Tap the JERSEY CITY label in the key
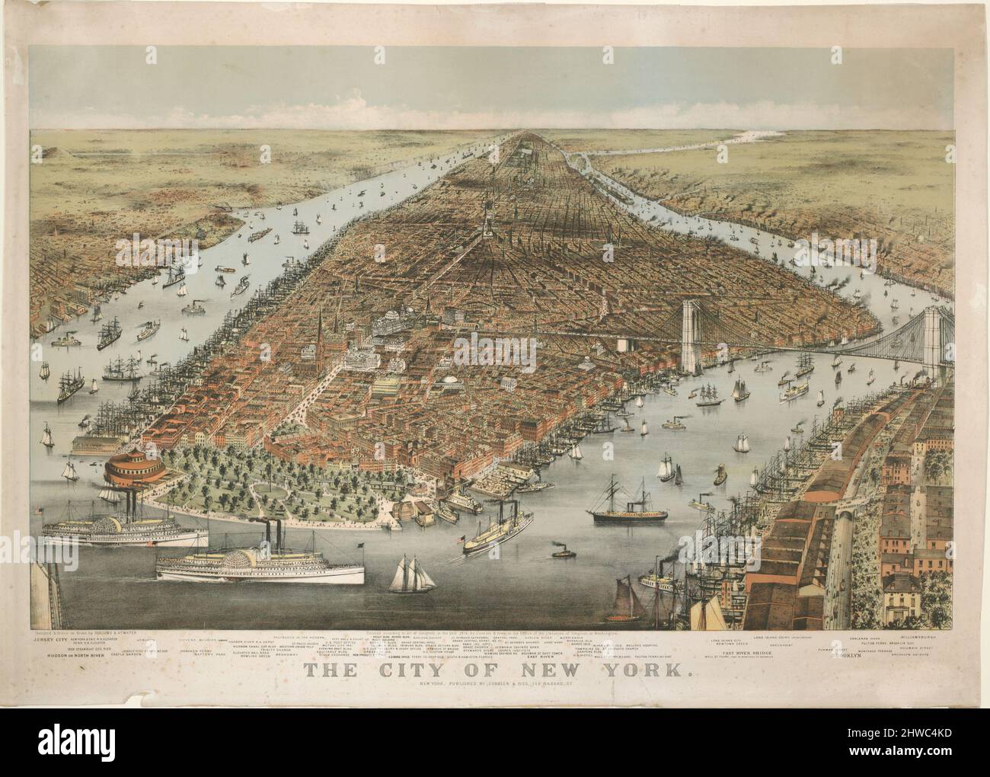pyautogui.click(x=50, y=641)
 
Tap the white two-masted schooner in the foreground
pyautogui.click(x=412, y=574)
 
